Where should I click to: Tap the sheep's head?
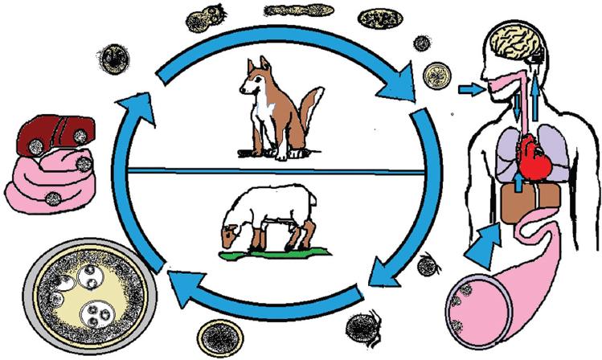[233, 234]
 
